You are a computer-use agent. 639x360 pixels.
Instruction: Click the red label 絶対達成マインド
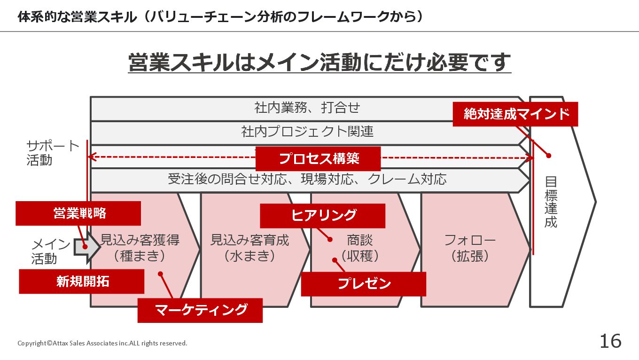(x=515, y=114)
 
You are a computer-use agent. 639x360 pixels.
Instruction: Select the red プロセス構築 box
(x=318, y=158)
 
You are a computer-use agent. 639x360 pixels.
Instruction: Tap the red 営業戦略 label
(x=78, y=213)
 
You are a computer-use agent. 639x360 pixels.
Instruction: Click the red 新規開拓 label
(x=82, y=282)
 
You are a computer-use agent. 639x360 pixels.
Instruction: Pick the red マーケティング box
(x=200, y=310)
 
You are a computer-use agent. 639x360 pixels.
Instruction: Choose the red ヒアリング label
(x=323, y=216)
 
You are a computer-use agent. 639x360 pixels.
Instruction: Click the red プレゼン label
(x=364, y=284)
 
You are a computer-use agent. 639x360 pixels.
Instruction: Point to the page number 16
(x=610, y=341)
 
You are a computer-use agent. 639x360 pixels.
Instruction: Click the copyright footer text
(x=102, y=343)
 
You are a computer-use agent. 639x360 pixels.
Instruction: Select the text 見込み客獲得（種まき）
(x=140, y=248)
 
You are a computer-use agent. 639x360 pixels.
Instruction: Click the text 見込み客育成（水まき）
(x=249, y=248)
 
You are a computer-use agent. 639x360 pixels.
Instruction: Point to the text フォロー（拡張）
(x=470, y=248)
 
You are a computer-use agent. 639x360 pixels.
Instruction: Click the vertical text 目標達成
(x=551, y=202)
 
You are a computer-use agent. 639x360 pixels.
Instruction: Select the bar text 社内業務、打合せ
(x=307, y=108)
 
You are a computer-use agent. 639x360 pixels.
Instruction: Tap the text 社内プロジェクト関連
(x=307, y=132)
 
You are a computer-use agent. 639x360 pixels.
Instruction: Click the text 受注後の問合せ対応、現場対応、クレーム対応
(x=307, y=179)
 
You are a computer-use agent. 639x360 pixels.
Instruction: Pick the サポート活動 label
(x=53, y=153)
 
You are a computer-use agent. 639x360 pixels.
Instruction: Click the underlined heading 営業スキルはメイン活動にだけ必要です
(x=319, y=63)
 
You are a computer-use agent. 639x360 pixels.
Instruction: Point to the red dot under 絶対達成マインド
(x=548, y=156)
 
